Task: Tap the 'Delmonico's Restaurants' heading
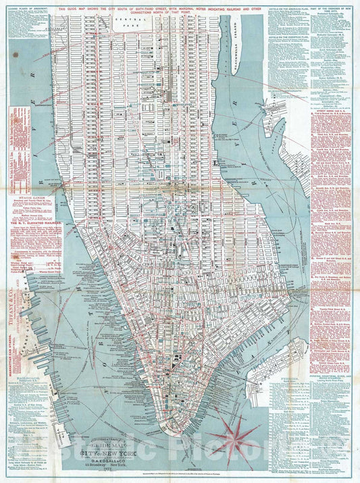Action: coord(284,162)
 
